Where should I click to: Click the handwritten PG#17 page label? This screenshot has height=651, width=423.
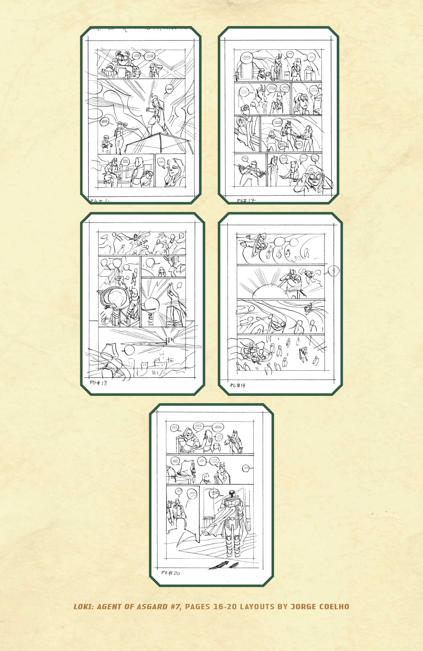246,200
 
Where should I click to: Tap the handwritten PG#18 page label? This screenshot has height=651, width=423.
98,383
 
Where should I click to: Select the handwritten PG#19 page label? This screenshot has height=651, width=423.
237,385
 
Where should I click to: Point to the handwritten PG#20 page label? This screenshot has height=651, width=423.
170,573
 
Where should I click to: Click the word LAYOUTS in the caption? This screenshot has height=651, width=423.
257,607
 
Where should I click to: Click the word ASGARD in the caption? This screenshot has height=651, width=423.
152,607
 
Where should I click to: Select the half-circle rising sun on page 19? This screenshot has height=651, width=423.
269,291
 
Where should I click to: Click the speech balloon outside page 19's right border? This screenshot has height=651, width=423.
334,271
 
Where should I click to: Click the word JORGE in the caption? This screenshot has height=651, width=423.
304,607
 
